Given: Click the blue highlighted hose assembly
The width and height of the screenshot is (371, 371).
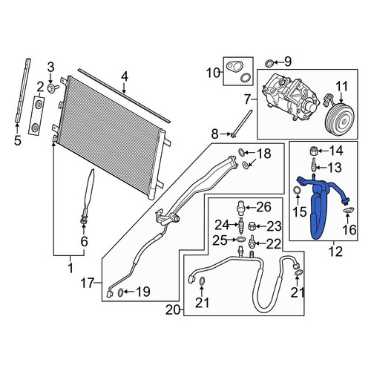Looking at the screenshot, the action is pos(319,208).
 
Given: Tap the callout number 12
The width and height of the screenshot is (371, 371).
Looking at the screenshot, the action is pos(335,252).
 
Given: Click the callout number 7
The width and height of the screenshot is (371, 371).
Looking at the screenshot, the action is pos(248,99).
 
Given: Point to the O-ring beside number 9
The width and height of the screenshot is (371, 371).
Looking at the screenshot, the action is pos(269,63).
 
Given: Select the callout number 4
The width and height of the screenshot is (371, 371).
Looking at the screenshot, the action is pos(125,76).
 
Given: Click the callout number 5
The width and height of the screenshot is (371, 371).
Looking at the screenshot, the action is pos(18,140).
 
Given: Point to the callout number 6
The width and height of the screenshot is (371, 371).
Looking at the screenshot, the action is pos(85,241).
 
